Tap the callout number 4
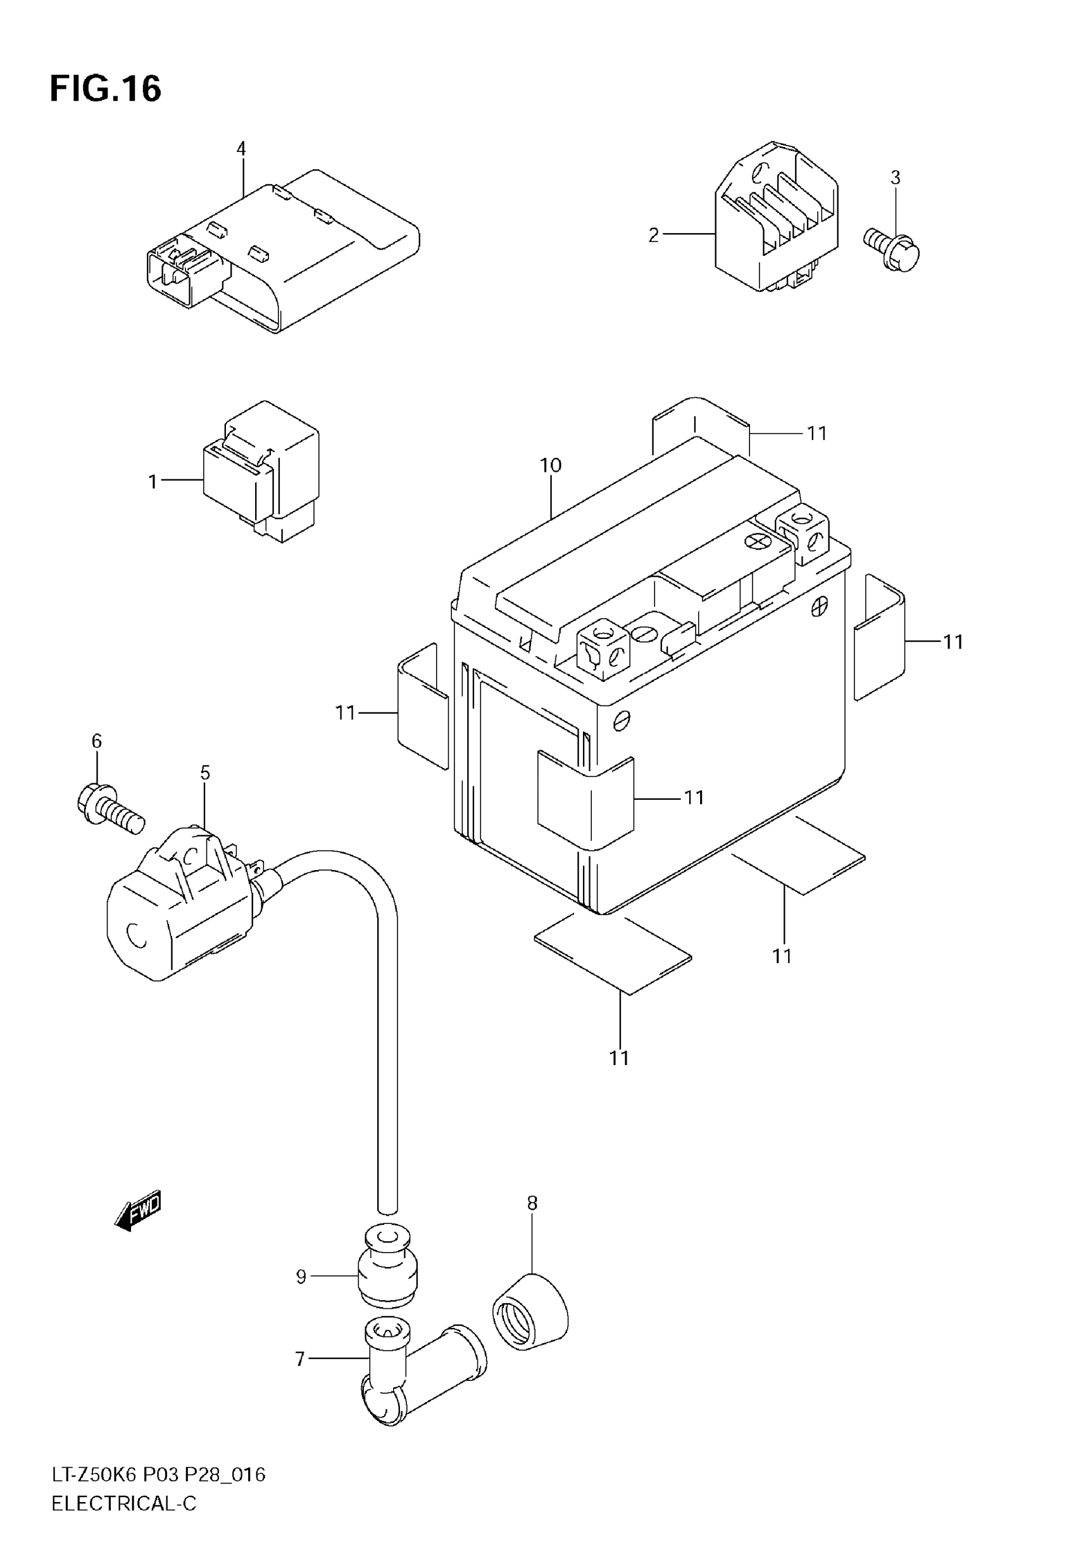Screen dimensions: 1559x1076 241,148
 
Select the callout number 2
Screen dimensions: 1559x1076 653,236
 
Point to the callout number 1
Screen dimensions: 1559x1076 153,481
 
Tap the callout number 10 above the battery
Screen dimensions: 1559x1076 550,465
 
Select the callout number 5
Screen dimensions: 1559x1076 205,773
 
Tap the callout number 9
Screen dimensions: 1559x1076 301,1277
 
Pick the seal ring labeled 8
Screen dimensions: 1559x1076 529,1311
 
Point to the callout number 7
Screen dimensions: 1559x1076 301,1359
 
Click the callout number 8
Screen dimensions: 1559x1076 532,1203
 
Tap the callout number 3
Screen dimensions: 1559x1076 894,177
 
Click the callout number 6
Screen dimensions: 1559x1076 96,741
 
